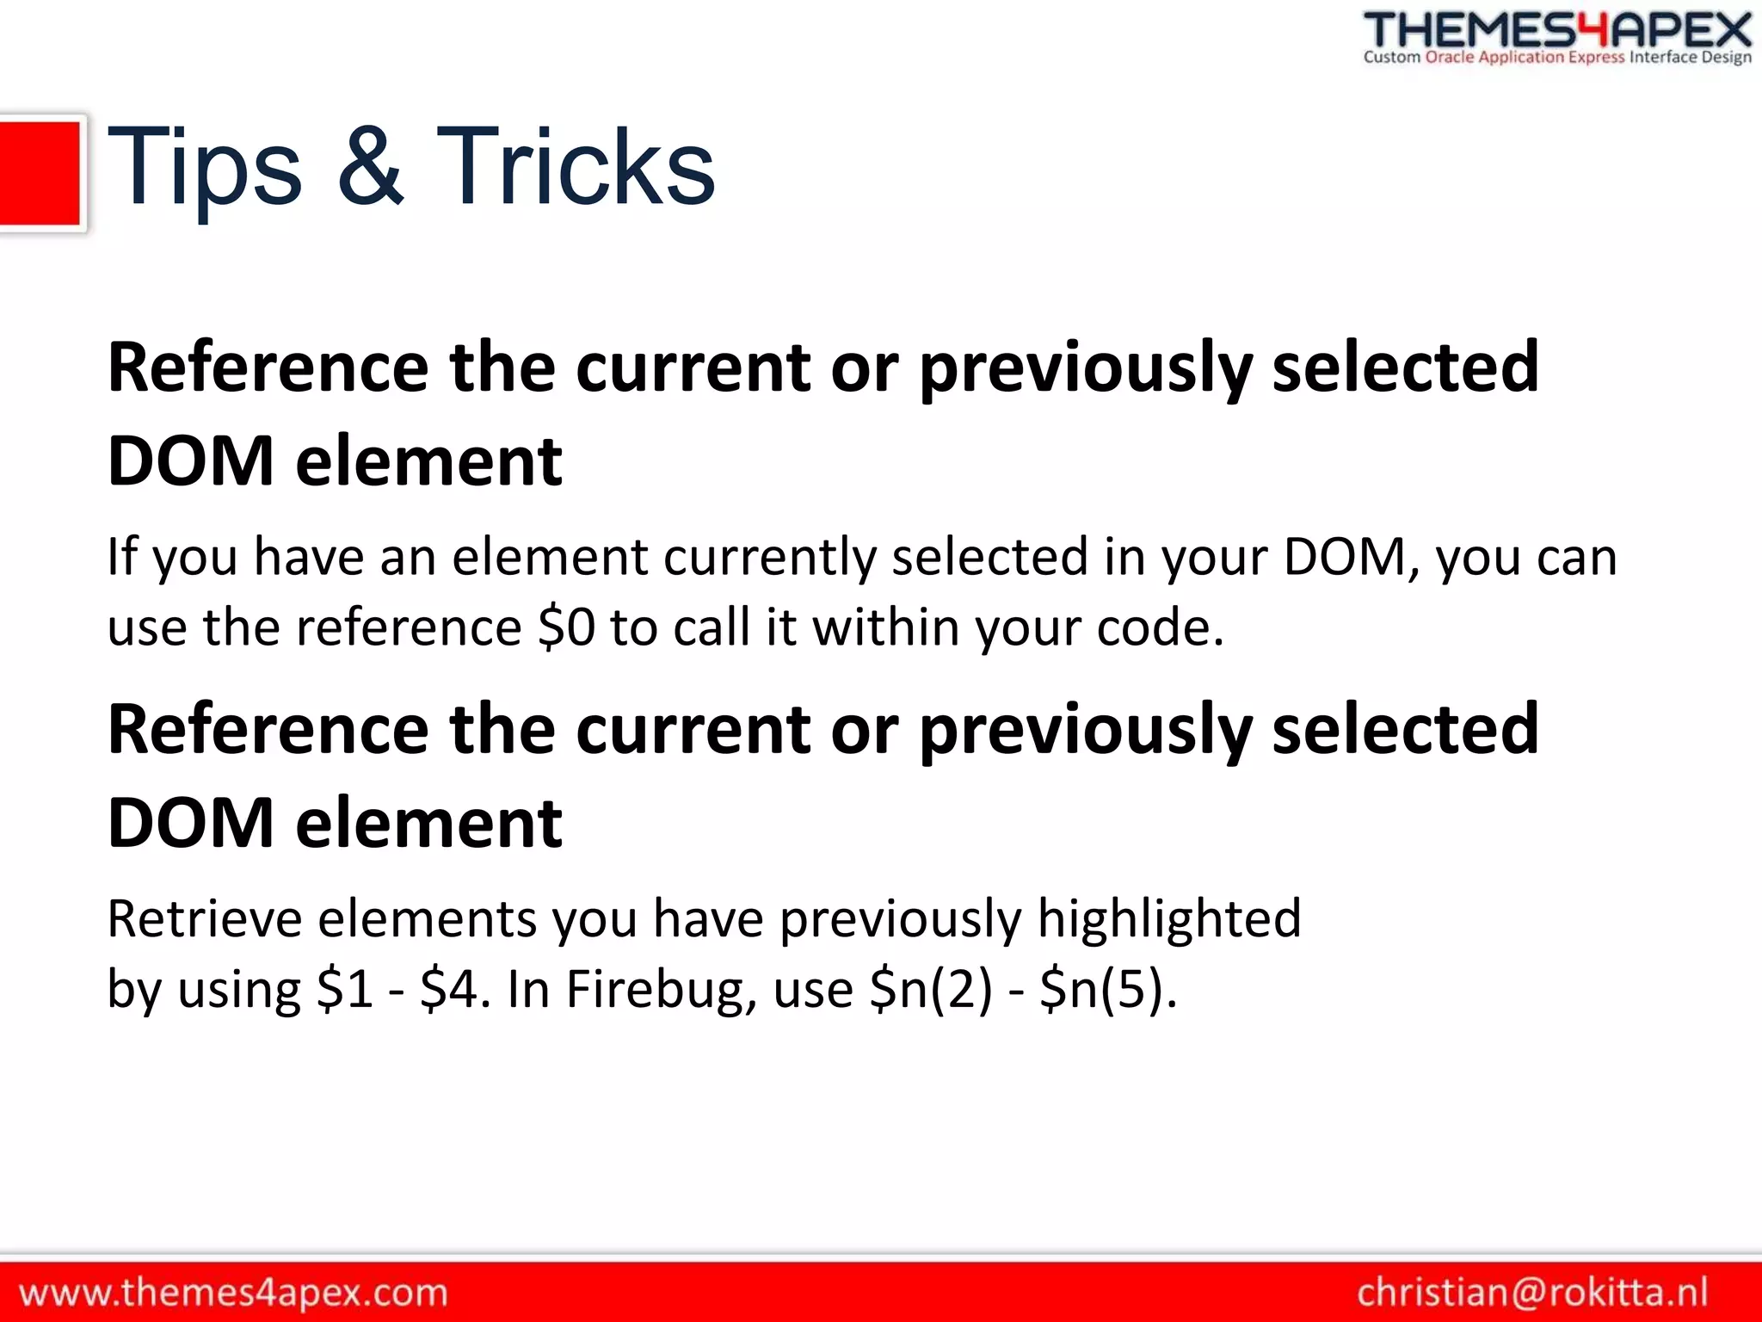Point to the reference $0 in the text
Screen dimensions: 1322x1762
click(x=565, y=627)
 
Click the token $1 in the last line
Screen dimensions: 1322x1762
click(x=344, y=989)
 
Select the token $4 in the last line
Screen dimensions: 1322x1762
click(x=448, y=989)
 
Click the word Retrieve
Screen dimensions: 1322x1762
click(x=204, y=918)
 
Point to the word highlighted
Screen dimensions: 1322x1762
click(x=1168, y=918)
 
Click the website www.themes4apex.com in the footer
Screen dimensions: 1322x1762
click(x=233, y=1293)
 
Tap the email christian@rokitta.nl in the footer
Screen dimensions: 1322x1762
click(x=1532, y=1293)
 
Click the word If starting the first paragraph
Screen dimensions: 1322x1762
click(x=121, y=556)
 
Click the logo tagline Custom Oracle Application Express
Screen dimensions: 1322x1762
click(x=1494, y=58)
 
